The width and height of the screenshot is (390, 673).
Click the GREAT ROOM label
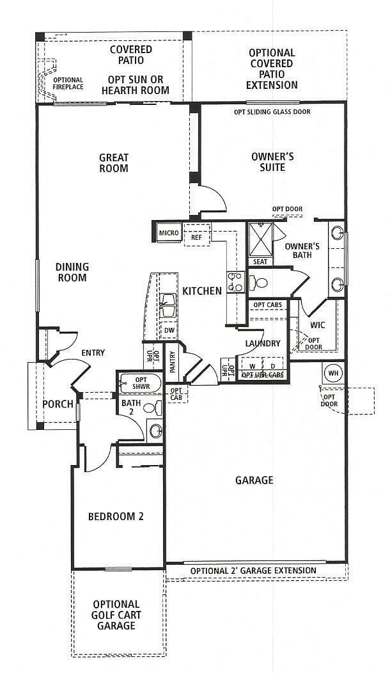[x=114, y=163]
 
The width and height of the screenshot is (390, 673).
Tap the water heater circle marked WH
[x=333, y=373]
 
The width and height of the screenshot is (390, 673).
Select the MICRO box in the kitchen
[x=169, y=233]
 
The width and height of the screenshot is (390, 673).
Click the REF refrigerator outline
[x=197, y=235]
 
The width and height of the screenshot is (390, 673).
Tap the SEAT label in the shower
[x=260, y=262]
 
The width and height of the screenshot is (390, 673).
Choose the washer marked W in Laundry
[x=253, y=366]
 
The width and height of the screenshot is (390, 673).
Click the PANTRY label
[x=173, y=362]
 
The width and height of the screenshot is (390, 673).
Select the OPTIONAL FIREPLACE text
[x=68, y=83]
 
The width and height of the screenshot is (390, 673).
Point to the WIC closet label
[x=318, y=326]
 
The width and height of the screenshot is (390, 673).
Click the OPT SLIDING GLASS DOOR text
[x=272, y=112]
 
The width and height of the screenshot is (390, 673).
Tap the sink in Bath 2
[x=155, y=431]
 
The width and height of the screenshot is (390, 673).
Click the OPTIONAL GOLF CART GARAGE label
[x=116, y=615]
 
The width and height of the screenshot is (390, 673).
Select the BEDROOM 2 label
[x=116, y=516]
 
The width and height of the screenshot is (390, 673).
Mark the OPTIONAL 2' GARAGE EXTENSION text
[x=253, y=571]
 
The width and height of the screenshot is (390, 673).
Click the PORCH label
[x=58, y=405]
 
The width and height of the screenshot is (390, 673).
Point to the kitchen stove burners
[x=236, y=282]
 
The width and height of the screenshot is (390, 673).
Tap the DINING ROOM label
[x=72, y=272]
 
